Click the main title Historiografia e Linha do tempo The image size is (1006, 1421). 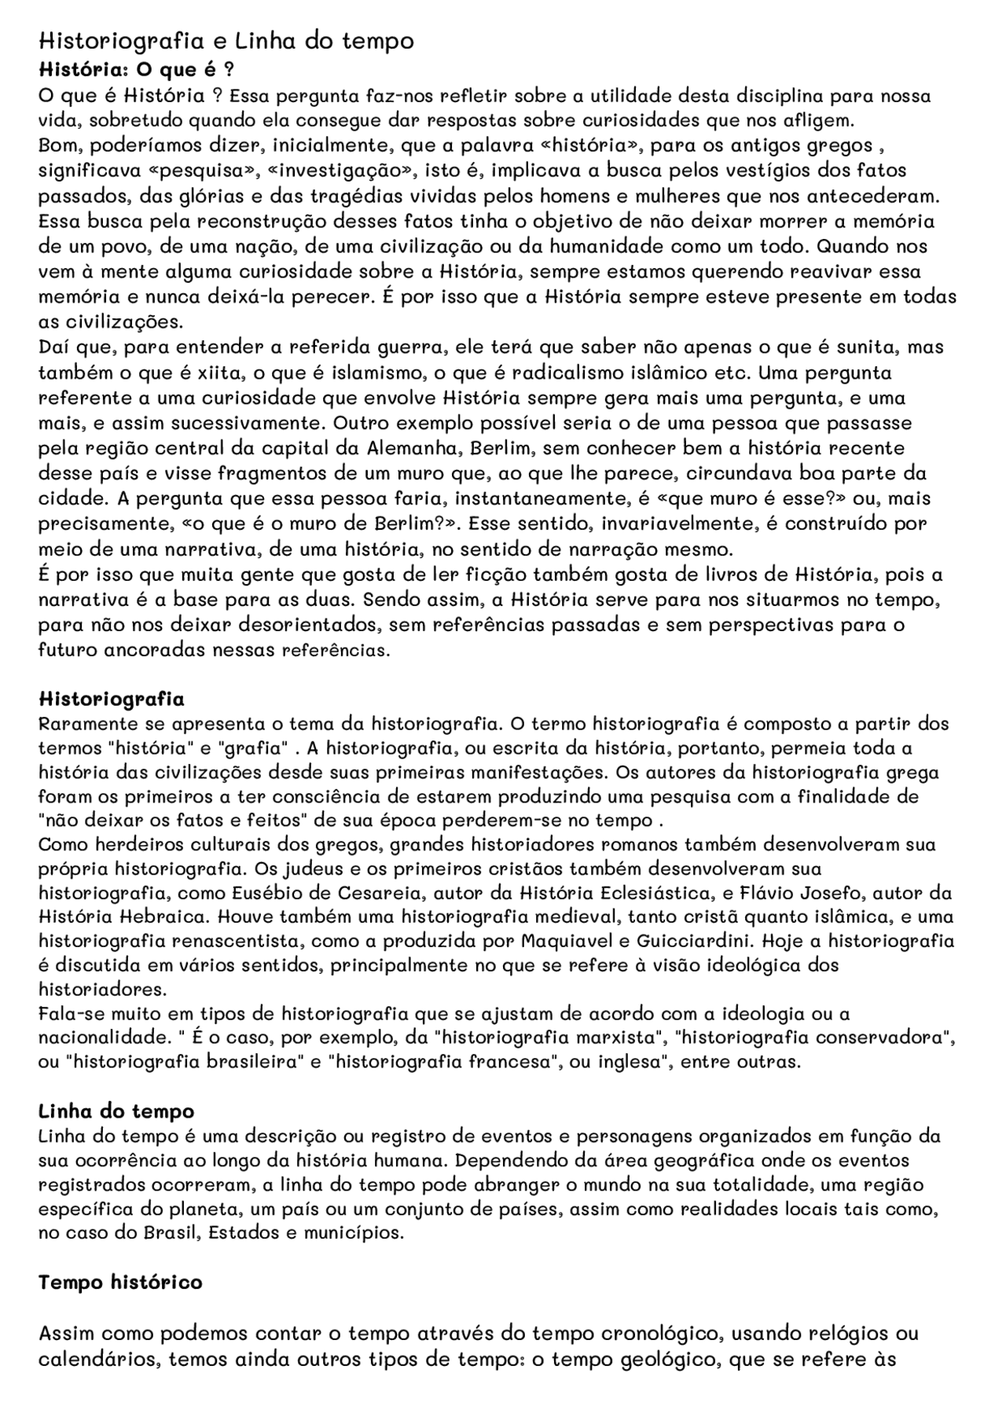point(226,41)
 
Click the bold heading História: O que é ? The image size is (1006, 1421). point(136,69)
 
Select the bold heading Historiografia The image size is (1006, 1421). point(112,699)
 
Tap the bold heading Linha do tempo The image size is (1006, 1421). point(116,1111)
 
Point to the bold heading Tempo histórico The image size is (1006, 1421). point(120,1283)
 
